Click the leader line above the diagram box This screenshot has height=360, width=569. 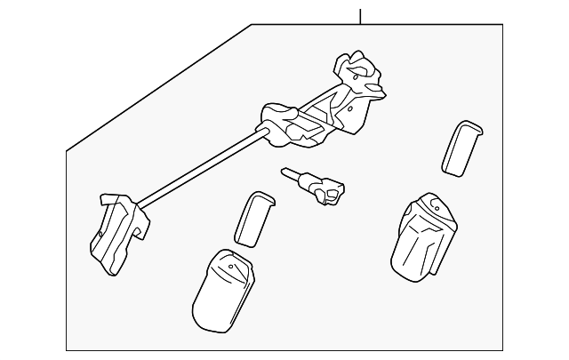(x=360, y=16)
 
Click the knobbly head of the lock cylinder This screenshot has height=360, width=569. (x=333, y=190)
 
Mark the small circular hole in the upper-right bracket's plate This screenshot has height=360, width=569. (x=359, y=76)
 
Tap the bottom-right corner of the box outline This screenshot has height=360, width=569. (x=502, y=350)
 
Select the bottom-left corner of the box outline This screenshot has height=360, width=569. (x=67, y=350)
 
